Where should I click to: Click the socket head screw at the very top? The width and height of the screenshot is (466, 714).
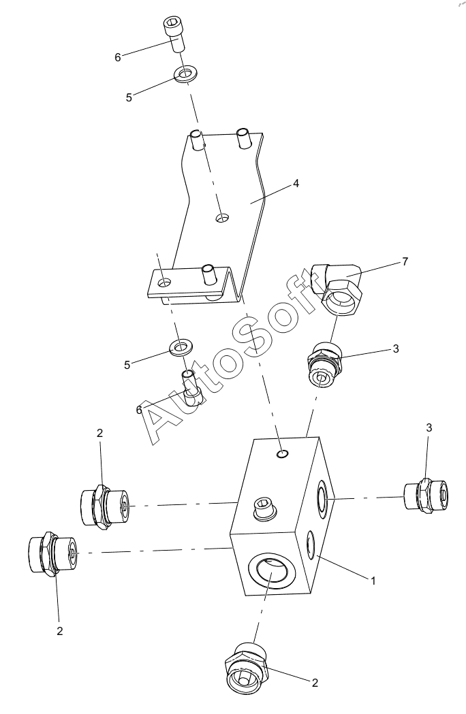176,34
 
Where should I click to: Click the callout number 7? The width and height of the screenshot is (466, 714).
405,261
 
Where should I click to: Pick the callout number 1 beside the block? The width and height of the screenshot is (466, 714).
373,581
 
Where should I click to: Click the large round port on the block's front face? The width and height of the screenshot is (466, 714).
270,574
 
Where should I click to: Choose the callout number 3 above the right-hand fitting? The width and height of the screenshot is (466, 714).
429,428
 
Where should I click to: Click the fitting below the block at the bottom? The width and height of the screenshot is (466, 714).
245,668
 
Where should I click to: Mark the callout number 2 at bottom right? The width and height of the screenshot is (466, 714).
315,683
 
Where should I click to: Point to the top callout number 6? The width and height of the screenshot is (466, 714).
118,58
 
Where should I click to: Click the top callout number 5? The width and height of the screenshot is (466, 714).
129,97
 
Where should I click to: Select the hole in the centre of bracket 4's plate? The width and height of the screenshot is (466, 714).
222,218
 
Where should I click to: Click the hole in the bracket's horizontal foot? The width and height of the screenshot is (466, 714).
164,282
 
